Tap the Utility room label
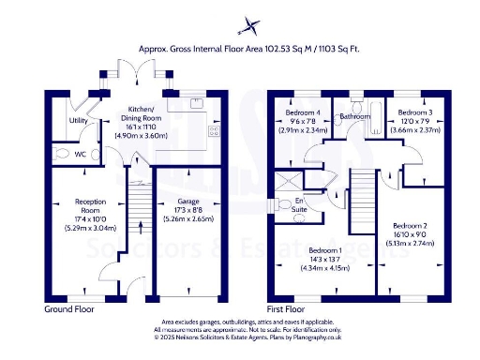79,121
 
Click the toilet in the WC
61,152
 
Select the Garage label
188,201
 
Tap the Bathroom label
357,117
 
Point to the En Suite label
300,205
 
